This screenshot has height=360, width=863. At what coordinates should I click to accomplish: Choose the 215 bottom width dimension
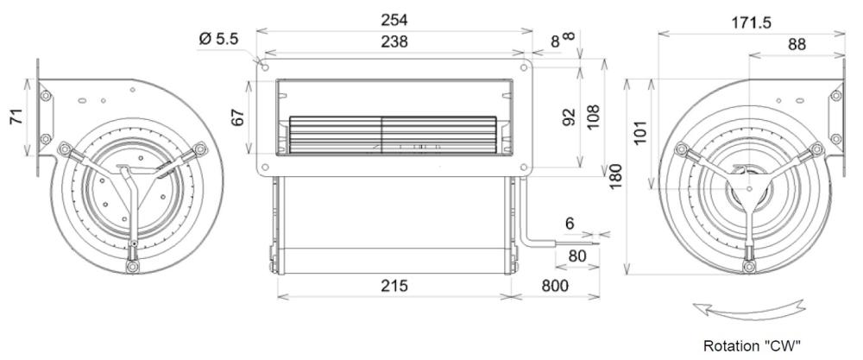pyautogui.click(x=394, y=285)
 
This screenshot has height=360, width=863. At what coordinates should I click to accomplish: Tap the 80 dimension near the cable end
pyautogui.click(x=576, y=256)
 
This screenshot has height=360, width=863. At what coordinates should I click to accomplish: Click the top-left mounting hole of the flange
pyautogui.click(x=265, y=66)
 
